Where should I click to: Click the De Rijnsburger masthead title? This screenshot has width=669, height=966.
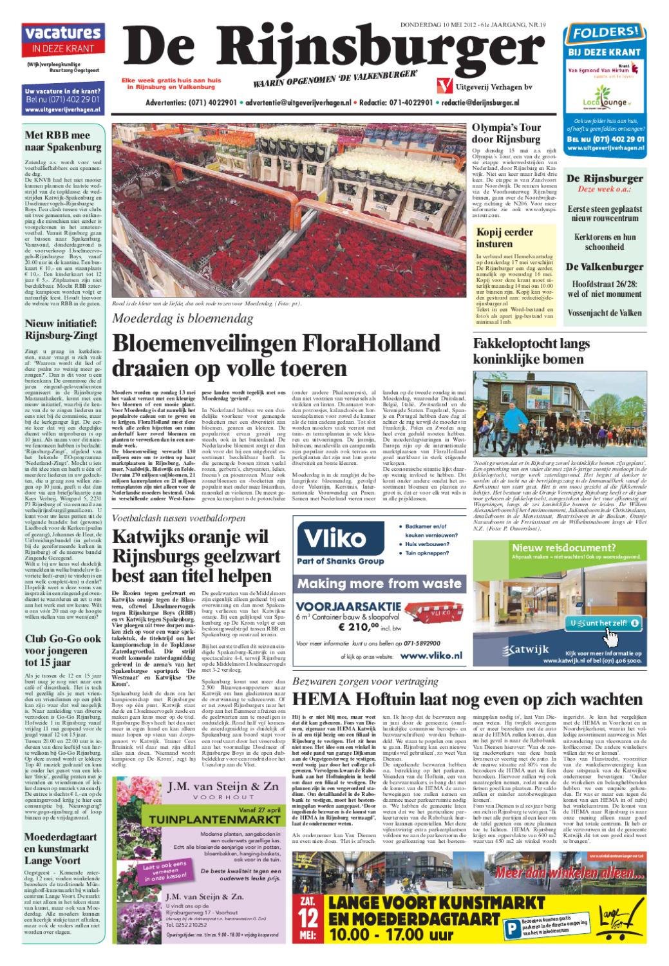pos(328,48)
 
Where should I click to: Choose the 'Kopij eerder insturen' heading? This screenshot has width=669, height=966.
pos(504,238)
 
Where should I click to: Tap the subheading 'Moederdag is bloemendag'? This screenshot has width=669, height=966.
pos(182,318)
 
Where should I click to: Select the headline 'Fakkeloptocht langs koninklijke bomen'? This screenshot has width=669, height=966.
pos(528,351)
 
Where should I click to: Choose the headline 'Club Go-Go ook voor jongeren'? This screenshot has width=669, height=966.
pos(62,650)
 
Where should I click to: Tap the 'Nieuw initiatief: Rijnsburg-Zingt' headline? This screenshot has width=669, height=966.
pos(61,329)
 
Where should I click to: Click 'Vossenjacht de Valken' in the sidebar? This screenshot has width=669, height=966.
pos(604,313)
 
